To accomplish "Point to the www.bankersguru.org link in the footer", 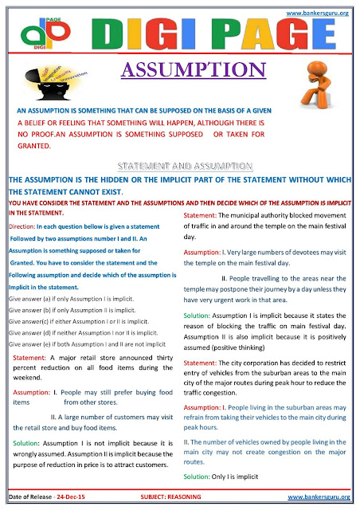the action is click(x=320, y=499).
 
